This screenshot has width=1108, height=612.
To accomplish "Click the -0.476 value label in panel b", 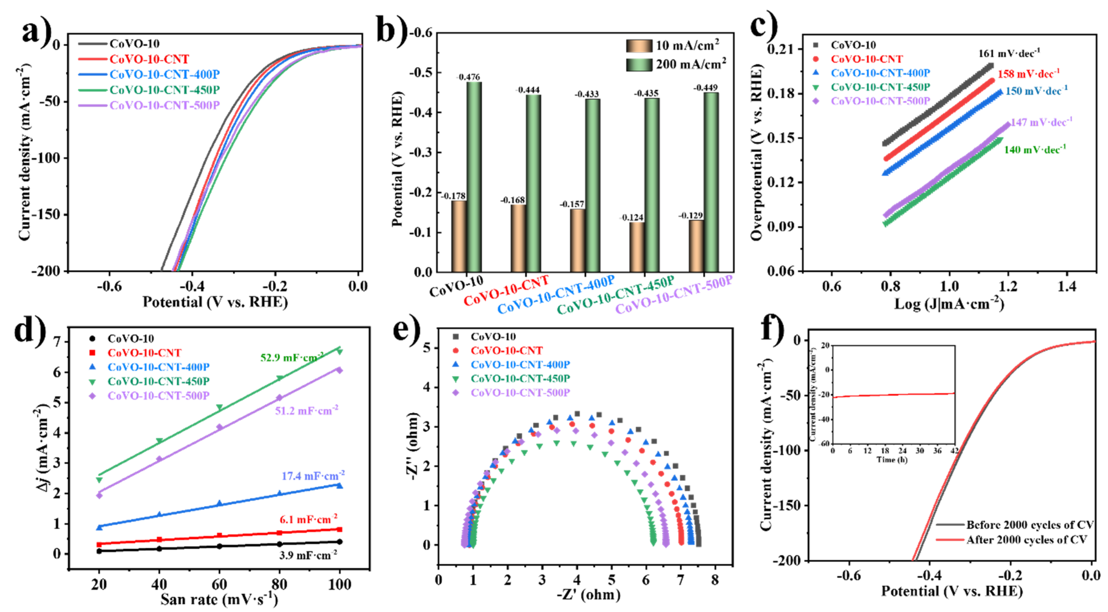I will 468,77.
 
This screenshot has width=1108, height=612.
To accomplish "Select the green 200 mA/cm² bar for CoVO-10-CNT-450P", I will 652,185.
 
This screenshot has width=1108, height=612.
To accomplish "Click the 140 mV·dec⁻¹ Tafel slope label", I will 1034,150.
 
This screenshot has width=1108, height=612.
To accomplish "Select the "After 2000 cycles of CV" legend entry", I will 1026,539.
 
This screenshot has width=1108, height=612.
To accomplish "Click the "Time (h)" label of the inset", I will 892,459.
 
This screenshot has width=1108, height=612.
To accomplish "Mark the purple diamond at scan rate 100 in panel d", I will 339,370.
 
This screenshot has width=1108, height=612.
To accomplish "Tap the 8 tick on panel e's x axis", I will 714,580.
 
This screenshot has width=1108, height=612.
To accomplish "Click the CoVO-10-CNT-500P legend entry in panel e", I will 520,392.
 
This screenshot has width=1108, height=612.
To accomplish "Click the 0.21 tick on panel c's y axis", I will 779,49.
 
